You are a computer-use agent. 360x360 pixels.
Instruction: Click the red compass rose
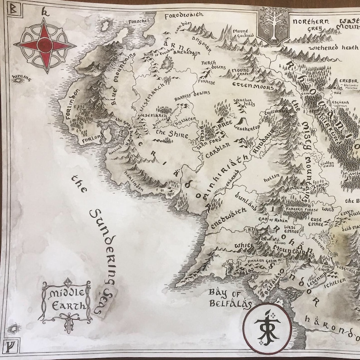pos(44,45)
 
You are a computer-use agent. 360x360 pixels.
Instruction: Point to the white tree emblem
pos(272,26)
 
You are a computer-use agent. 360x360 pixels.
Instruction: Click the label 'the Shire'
pos(167,134)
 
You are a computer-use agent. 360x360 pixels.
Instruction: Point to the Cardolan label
pos(219,151)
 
